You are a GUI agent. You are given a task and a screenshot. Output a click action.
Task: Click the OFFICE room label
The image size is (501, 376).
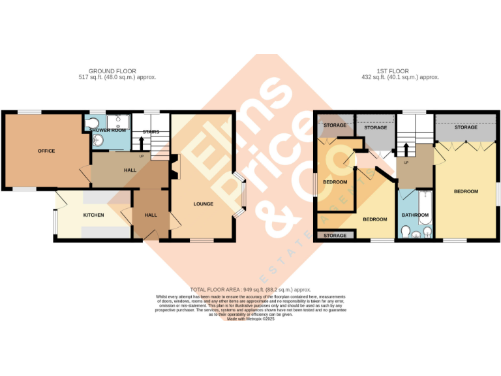(46, 151)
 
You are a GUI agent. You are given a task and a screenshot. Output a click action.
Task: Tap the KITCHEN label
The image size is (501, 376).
(93, 215)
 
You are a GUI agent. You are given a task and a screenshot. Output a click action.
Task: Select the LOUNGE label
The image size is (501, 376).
(203, 204)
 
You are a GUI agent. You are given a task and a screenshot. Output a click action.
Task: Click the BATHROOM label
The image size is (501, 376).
(415, 215)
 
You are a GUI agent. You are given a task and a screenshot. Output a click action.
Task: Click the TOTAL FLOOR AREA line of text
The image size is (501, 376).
(250, 289)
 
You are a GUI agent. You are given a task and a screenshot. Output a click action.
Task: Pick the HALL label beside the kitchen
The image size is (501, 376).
(151, 215)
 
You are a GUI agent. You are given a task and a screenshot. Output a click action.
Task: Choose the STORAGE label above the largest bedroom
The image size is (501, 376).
(465, 127)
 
